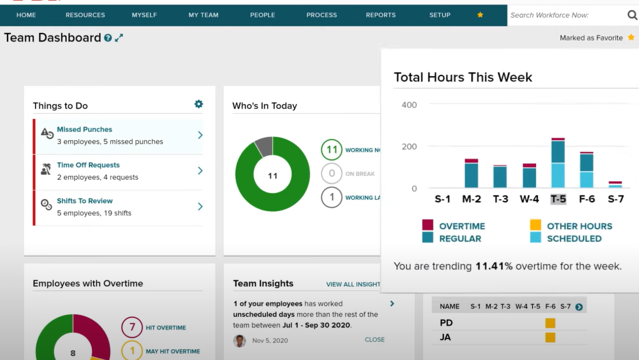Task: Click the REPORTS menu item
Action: point(380,15)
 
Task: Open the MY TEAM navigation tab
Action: point(203,15)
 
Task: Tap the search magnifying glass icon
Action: point(632,15)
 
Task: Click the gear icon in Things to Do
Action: point(199,104)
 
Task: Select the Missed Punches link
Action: point(84,130)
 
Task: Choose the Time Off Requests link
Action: point(88,165)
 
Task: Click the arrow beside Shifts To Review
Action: point(200,207)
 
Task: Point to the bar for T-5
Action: point(558,163)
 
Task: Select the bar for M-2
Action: point(471,174)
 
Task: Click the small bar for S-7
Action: point(615,185)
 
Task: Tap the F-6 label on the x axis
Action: point(587,199)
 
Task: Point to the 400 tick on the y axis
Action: point(409,105)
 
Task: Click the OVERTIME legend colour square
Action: point(428,225)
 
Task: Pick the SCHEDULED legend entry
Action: point(574,238)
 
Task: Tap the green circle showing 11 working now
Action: point(331,150)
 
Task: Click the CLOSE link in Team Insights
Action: point(374,340)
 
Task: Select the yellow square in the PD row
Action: point(550,323)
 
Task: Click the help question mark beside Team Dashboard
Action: point(108,38)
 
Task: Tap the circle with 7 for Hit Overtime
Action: point(132,327)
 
